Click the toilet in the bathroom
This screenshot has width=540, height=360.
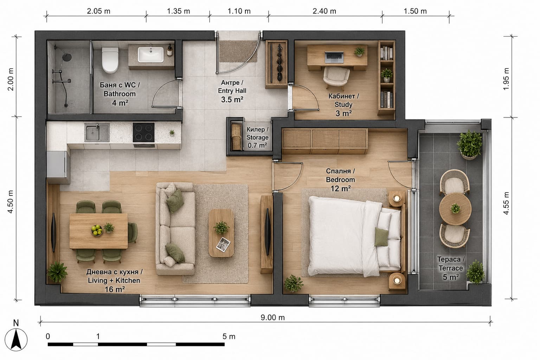pyautogui.click(x=110, y=60)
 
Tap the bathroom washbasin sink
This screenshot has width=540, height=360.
pyautogui.click(x=150, y=54)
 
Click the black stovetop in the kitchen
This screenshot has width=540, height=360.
pyautogui.click(x=144, y=133)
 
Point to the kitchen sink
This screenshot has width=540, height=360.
pyautogui.click(x=97, y=133)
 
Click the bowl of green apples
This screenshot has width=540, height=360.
pyautogui.click(x=97, y=230)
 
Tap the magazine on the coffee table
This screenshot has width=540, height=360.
pyautogui.click(x=223, y=244)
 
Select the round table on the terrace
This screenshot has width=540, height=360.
pyautogui.click(x=455, y=209)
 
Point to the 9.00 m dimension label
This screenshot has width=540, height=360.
pyautogui.click(x=273, y=317)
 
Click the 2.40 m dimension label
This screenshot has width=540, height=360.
pyautogui.click(x=324, y=11)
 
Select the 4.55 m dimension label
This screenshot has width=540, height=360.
pyautogui.click(x=506, y=203)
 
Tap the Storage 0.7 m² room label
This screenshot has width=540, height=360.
pyautogui.click(x=257, y=137)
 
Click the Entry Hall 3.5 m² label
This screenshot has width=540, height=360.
pyautogui.click(x=232, y=91)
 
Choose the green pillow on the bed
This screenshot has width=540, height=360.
pyautogui.click(x=381, y=237)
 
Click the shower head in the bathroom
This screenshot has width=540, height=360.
pyautogui.click(x=67, y=57)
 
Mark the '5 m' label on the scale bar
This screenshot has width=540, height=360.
pyautogui.click(x=229, y=336)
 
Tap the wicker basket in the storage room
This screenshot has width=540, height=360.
pyautogui.click(x=236, y=137)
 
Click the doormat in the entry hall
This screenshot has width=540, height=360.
pyautogui.click(x=238, y=51)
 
